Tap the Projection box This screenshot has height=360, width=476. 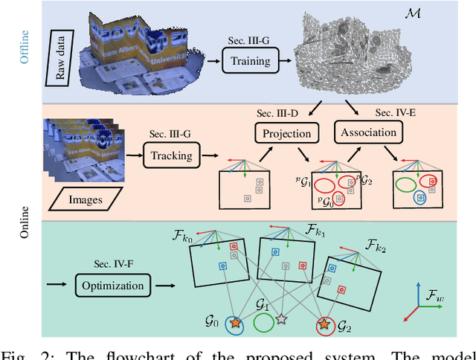tap(285, 133)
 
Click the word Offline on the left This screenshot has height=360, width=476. tap(25, 47)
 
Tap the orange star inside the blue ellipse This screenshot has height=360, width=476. tap(236, 324)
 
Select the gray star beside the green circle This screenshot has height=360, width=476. tap(281, 319)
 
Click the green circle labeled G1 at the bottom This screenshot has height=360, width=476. tap(263, 322)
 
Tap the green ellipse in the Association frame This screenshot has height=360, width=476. tap(406, 184)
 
